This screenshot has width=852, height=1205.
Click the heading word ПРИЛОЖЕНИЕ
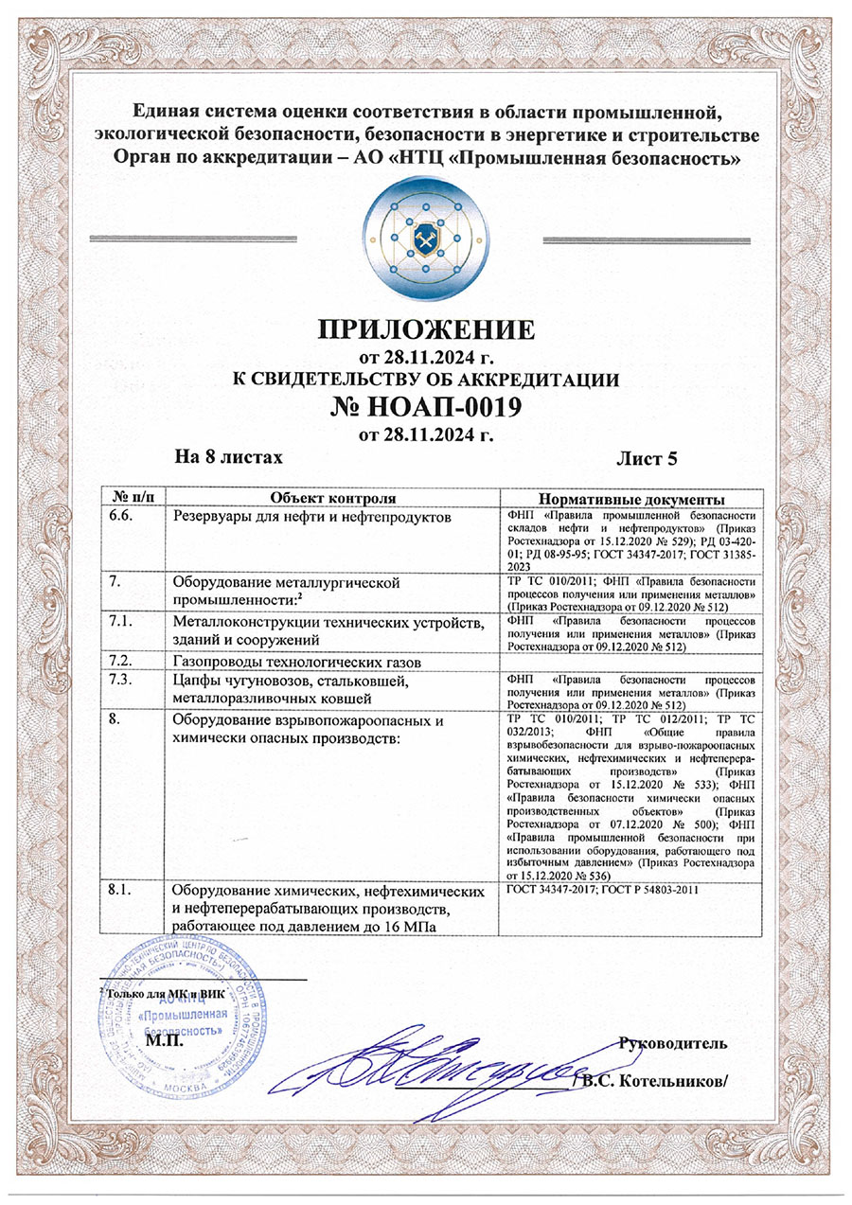[426, 330]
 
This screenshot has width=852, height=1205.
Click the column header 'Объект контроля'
[332, 498]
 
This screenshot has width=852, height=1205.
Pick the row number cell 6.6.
[123, 516]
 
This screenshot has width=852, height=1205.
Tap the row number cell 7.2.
[123, 659]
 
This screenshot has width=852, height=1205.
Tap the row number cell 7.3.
[123, 679]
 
